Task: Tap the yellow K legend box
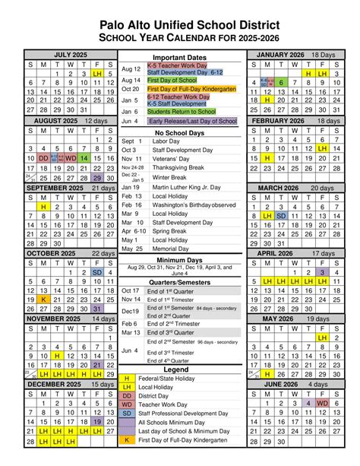(x=127, y=439)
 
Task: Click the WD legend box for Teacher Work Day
(x=127, y=405)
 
